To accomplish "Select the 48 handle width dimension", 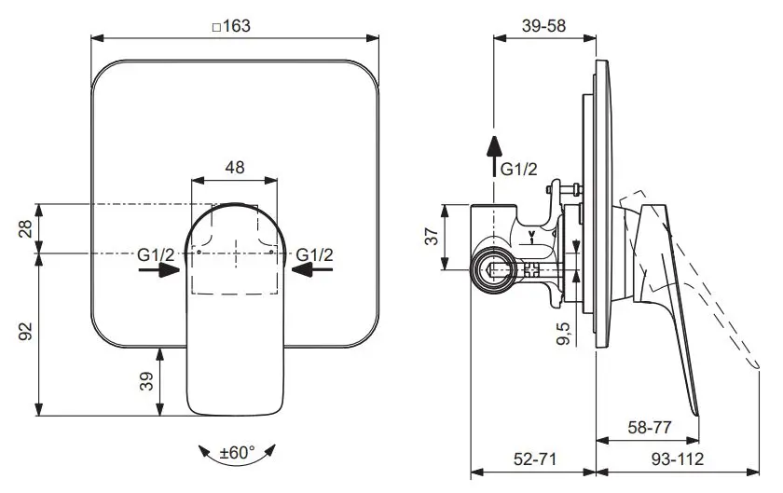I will click(236, 167).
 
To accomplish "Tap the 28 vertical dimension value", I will click(26, 227).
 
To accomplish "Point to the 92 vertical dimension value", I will click(26, 332).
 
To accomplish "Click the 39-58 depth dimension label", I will click(543, 26).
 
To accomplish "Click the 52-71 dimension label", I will click(534, 459).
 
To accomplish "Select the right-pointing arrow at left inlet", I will click(160, 269).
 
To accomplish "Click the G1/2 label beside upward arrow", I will click(519, 169).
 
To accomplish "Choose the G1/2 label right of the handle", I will click(315, 253).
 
